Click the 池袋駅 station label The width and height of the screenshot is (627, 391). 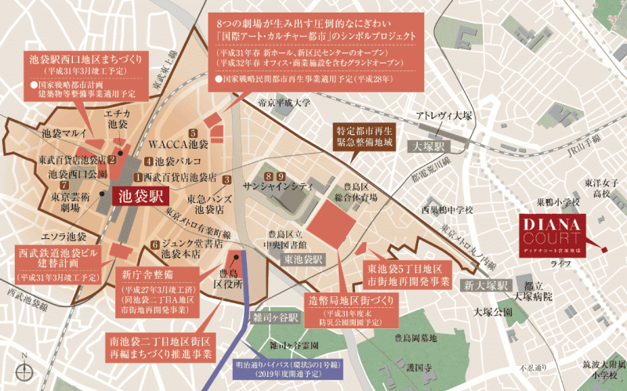pyautogui.click(x=138, y=195)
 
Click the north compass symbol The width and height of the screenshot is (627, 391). pyautogui.click(x=24, y=368)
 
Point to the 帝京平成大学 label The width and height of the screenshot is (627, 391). pyautogui.click(x=263, y=103)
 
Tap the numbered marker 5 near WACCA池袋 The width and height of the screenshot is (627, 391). pyautogui.click(x=193, y=133)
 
